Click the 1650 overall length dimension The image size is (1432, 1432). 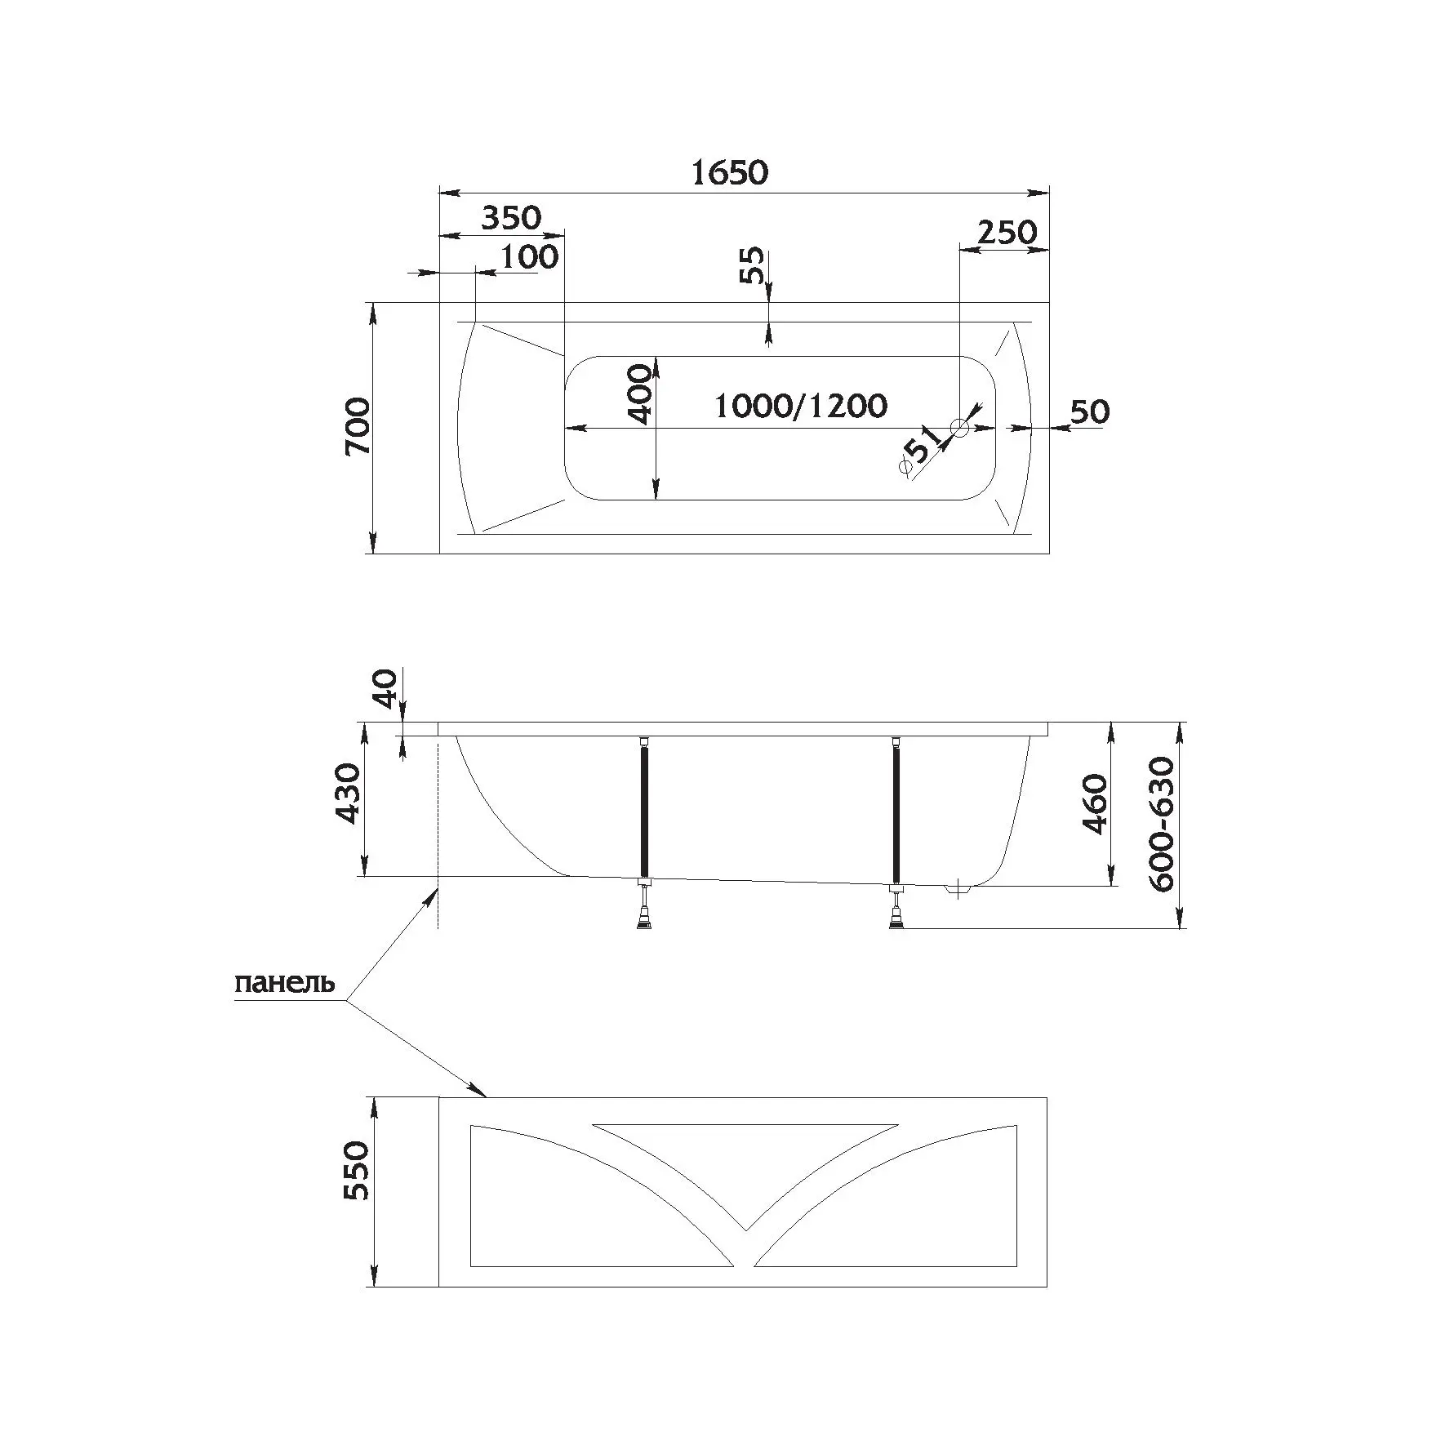730,173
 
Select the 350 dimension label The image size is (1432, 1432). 510,218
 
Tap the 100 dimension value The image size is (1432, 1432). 529,257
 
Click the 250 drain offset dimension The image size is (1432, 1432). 1007,233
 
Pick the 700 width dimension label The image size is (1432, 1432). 358,427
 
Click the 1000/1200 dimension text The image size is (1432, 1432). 800,406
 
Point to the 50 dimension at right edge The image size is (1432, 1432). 1089,411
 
